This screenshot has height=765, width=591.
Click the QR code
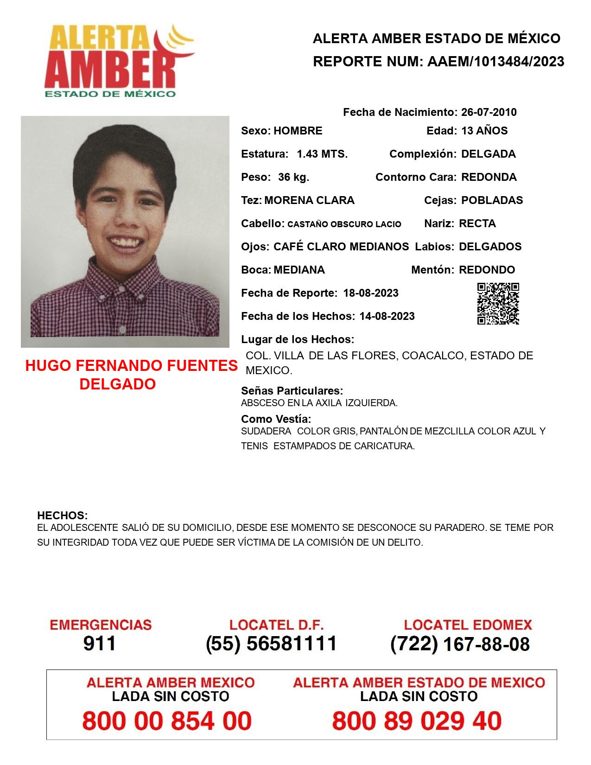pyautogui.click(x=498, y=304)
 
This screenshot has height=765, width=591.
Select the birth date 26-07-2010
pyautogui.click(x=489, y=112)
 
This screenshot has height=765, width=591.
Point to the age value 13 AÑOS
pyautogui.click(x=484, y=131)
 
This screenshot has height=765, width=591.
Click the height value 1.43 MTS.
pyautogui.click(x=322, y=154)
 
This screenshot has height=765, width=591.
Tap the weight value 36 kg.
pyautogui.click(x=293, y=177)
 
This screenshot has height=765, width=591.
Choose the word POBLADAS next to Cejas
pyautogui.click(x=492, y=200)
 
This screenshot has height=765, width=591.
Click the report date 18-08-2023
pyautogui.click(x=371, y=293)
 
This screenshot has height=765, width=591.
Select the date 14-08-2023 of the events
pyautogui.click(x=387, y=316)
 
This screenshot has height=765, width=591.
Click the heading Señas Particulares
pyautogui.click(x=292, y=391)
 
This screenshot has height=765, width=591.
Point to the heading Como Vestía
pyautogui.click(x=276, y=419)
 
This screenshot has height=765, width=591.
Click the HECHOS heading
pyautogui.click(x=62, y=516)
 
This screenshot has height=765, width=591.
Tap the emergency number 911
pyautogui.click(x=100, y=644)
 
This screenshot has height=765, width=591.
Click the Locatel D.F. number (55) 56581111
pyautogui.click(x=271, y=644)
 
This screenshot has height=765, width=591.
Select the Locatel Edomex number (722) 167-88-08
pyautogui.click(x=460, y=644)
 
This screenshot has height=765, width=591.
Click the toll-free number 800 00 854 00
pyautogui.click(x=167, y=721)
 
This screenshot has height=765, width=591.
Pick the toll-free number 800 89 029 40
pyautogui.click(x=417, y=721)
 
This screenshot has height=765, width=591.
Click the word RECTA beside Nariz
pyautogui.click(x=477, y=223)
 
